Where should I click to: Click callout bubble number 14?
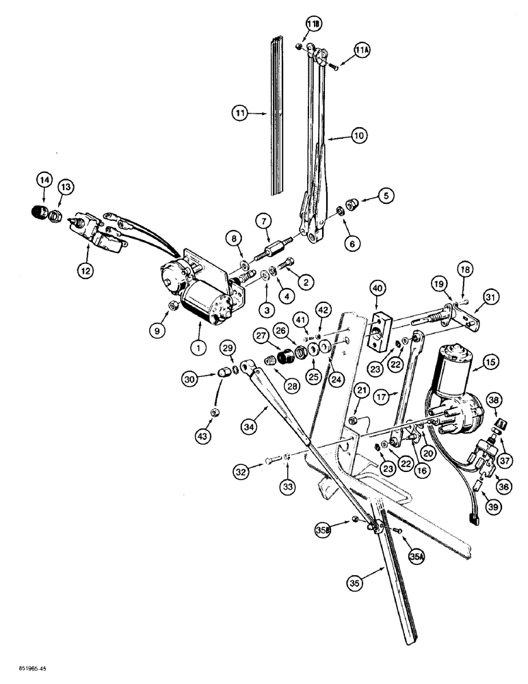pyautogui.click(x=44, y=181)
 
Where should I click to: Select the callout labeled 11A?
pyautogui.click(x=363, y=51)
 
